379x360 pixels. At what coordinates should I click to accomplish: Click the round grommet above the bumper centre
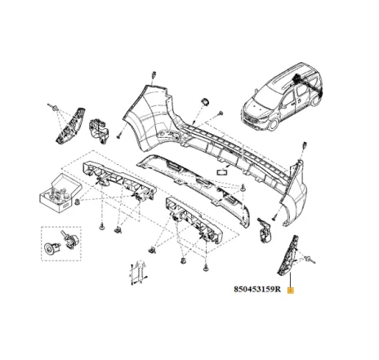202,102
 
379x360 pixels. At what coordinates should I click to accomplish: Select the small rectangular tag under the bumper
221,172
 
